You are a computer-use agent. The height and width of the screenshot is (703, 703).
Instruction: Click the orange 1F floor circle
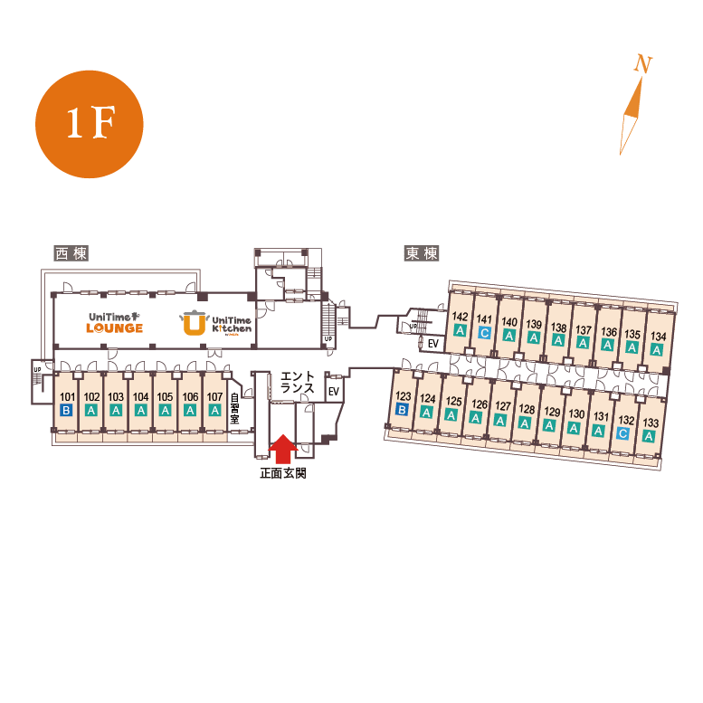point(90,124)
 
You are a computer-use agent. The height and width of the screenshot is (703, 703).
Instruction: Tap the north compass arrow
point(633,113)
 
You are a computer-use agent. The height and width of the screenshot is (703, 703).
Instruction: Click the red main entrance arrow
point(284,448)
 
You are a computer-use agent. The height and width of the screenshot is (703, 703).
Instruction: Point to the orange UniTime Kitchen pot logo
point(194,323)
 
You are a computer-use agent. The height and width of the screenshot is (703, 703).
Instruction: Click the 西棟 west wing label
point(71,253)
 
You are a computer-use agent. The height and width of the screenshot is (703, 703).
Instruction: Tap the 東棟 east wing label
point(421,253)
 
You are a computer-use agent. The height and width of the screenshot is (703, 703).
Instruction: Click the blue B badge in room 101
point(66,410)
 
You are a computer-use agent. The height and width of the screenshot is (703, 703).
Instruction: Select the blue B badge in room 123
point(403,409)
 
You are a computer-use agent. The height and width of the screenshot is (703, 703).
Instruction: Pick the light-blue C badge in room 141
point(484,333)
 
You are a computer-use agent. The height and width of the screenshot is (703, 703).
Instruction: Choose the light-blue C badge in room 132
point(622,432)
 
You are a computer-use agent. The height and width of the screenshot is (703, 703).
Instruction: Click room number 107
point(214,396)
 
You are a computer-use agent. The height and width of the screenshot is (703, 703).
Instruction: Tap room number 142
point(460,317)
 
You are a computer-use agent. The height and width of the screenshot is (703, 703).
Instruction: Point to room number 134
point(658,337)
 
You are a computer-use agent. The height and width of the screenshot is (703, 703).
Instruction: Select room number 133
point(649,423)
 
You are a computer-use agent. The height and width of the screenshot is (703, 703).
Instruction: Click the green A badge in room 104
point(140,410)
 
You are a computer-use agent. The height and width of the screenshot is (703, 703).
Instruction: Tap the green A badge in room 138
point(558,340)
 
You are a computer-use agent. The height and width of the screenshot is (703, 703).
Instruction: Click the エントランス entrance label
point(297,383)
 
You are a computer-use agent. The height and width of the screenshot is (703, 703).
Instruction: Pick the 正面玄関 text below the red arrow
point(282,473)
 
